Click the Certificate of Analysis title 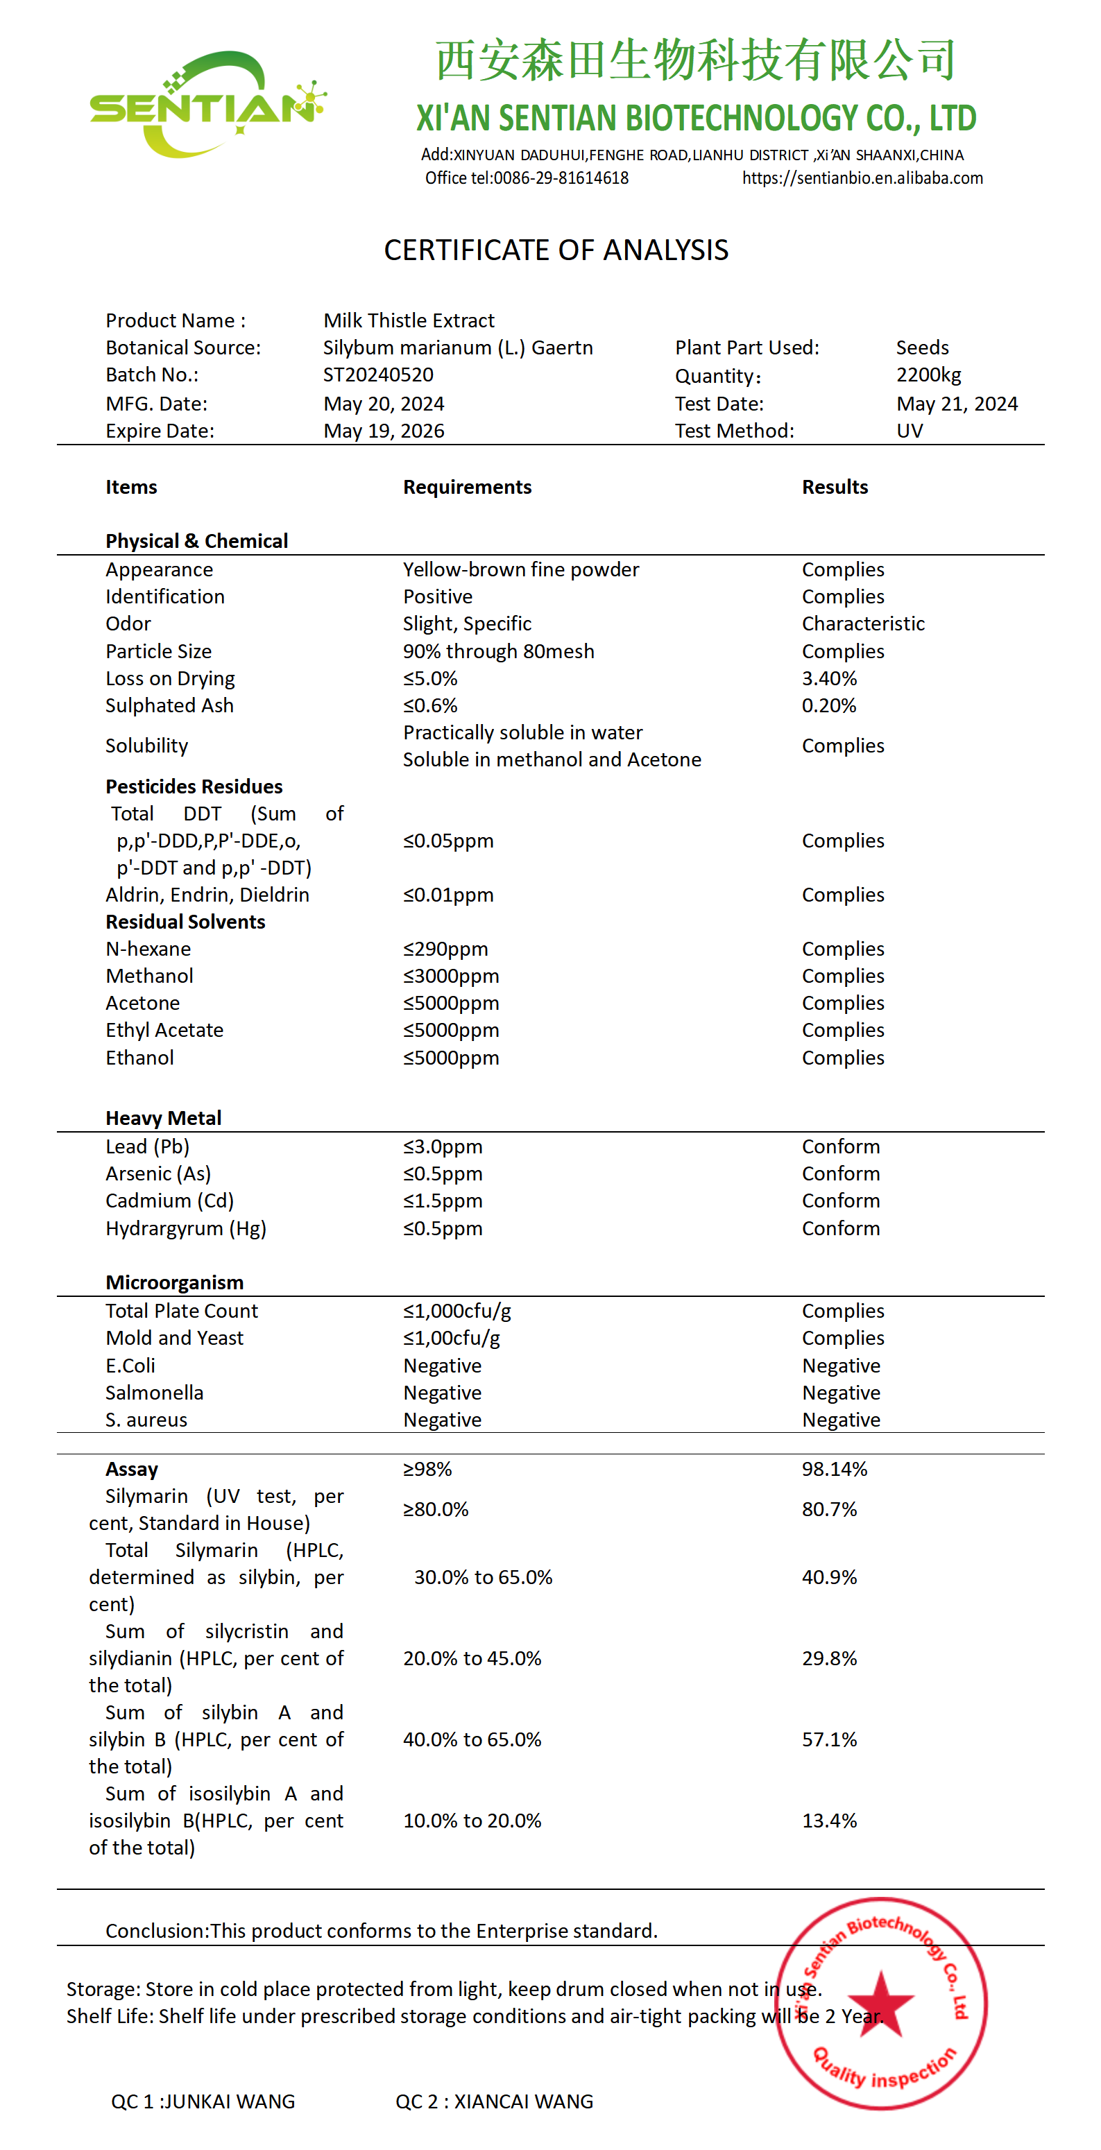(556, 250)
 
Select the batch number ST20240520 (378, 375)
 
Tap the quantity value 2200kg (928, 375)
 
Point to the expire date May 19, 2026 (384, 431)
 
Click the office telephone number (561, 178)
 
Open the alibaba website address (862, 178)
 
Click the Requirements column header (467, 487)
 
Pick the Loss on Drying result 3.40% (829, 678)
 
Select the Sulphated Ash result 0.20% (829, 705)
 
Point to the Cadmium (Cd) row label (169, 1201)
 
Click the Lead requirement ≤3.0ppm (443, 1146)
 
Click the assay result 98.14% (835, 1469)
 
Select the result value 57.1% (829, 1739)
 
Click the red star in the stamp (880, 2002)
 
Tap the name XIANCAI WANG (523, 2101)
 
